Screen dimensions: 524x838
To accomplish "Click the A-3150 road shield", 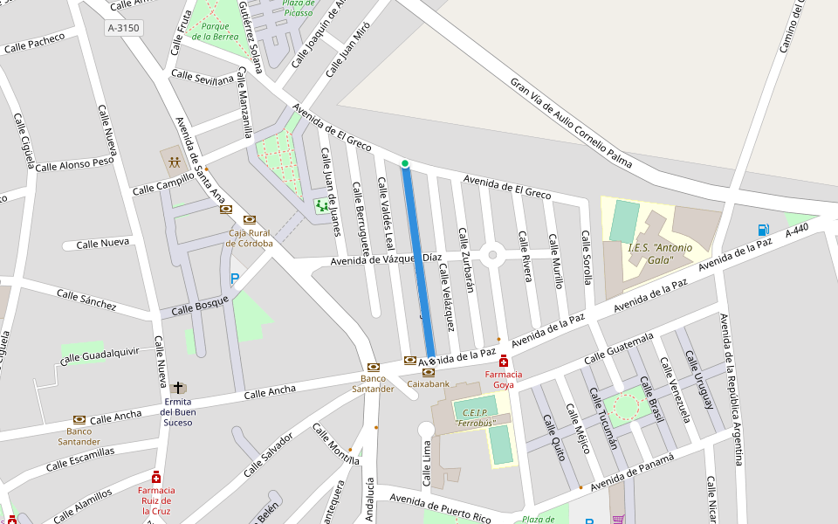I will [123, 28].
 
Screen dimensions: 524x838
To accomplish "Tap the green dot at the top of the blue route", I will [405, 163].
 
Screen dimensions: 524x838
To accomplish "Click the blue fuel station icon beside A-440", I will [764, 230].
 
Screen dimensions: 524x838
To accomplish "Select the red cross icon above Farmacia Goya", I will [504, 361].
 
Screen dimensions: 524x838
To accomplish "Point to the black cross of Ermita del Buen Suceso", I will [178, 387].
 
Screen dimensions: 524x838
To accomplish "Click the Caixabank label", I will [429, 383].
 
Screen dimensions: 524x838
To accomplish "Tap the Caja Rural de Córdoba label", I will [250, 238].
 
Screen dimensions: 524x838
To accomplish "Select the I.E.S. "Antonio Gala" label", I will [660, 253].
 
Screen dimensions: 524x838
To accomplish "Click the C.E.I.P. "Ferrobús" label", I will [475, 417].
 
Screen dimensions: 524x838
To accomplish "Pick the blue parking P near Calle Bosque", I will [234, 279].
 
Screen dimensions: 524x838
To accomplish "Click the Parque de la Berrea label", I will [215, 31].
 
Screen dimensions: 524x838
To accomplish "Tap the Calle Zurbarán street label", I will [466, 260].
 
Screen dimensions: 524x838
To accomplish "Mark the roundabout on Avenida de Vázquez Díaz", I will [492, 255].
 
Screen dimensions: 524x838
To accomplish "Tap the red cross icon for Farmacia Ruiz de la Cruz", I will [156, 478].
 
